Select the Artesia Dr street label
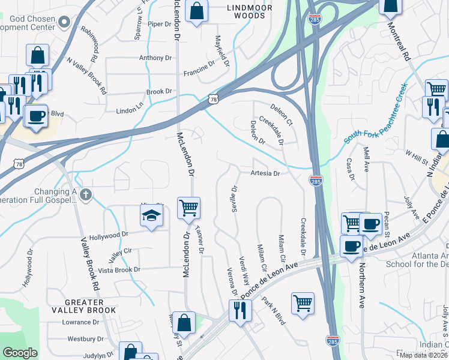[x=265, y=173]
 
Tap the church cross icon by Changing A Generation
[x=86, y=194]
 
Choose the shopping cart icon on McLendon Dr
[x=188, y=208]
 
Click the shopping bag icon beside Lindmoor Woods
[x=196, y=11]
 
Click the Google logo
[x=20, y=353]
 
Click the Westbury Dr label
[x=82, y=338]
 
